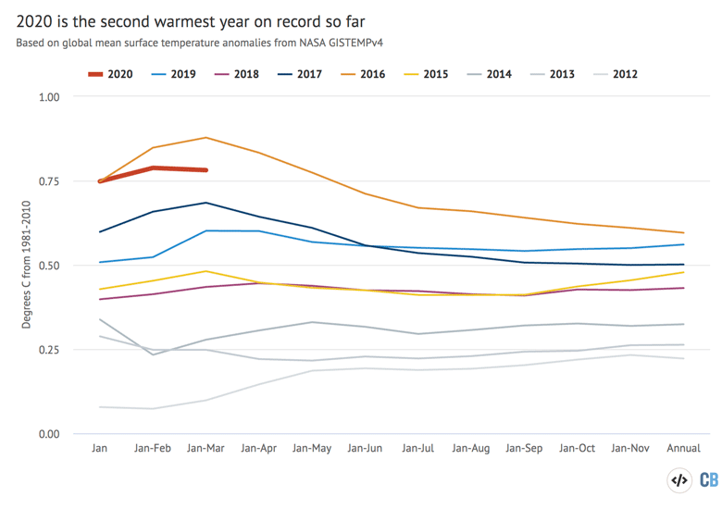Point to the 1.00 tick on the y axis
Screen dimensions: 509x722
[47, 97]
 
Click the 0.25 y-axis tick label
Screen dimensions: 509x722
[47, 350]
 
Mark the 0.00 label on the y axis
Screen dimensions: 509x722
[47, 434]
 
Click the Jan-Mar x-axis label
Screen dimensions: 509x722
[205, 449]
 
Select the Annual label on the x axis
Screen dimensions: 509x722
[683, 449]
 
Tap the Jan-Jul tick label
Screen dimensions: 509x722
[417, 449]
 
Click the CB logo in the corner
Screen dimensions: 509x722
[708, 479]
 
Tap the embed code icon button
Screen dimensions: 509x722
[678, 479]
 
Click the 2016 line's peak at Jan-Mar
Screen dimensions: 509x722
[205, 138]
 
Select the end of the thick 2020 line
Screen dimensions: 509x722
[205, 170]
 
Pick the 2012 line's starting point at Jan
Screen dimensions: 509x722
[100, 407]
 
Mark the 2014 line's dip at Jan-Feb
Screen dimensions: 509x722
[153, 354]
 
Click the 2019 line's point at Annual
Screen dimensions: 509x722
[683, 244]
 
